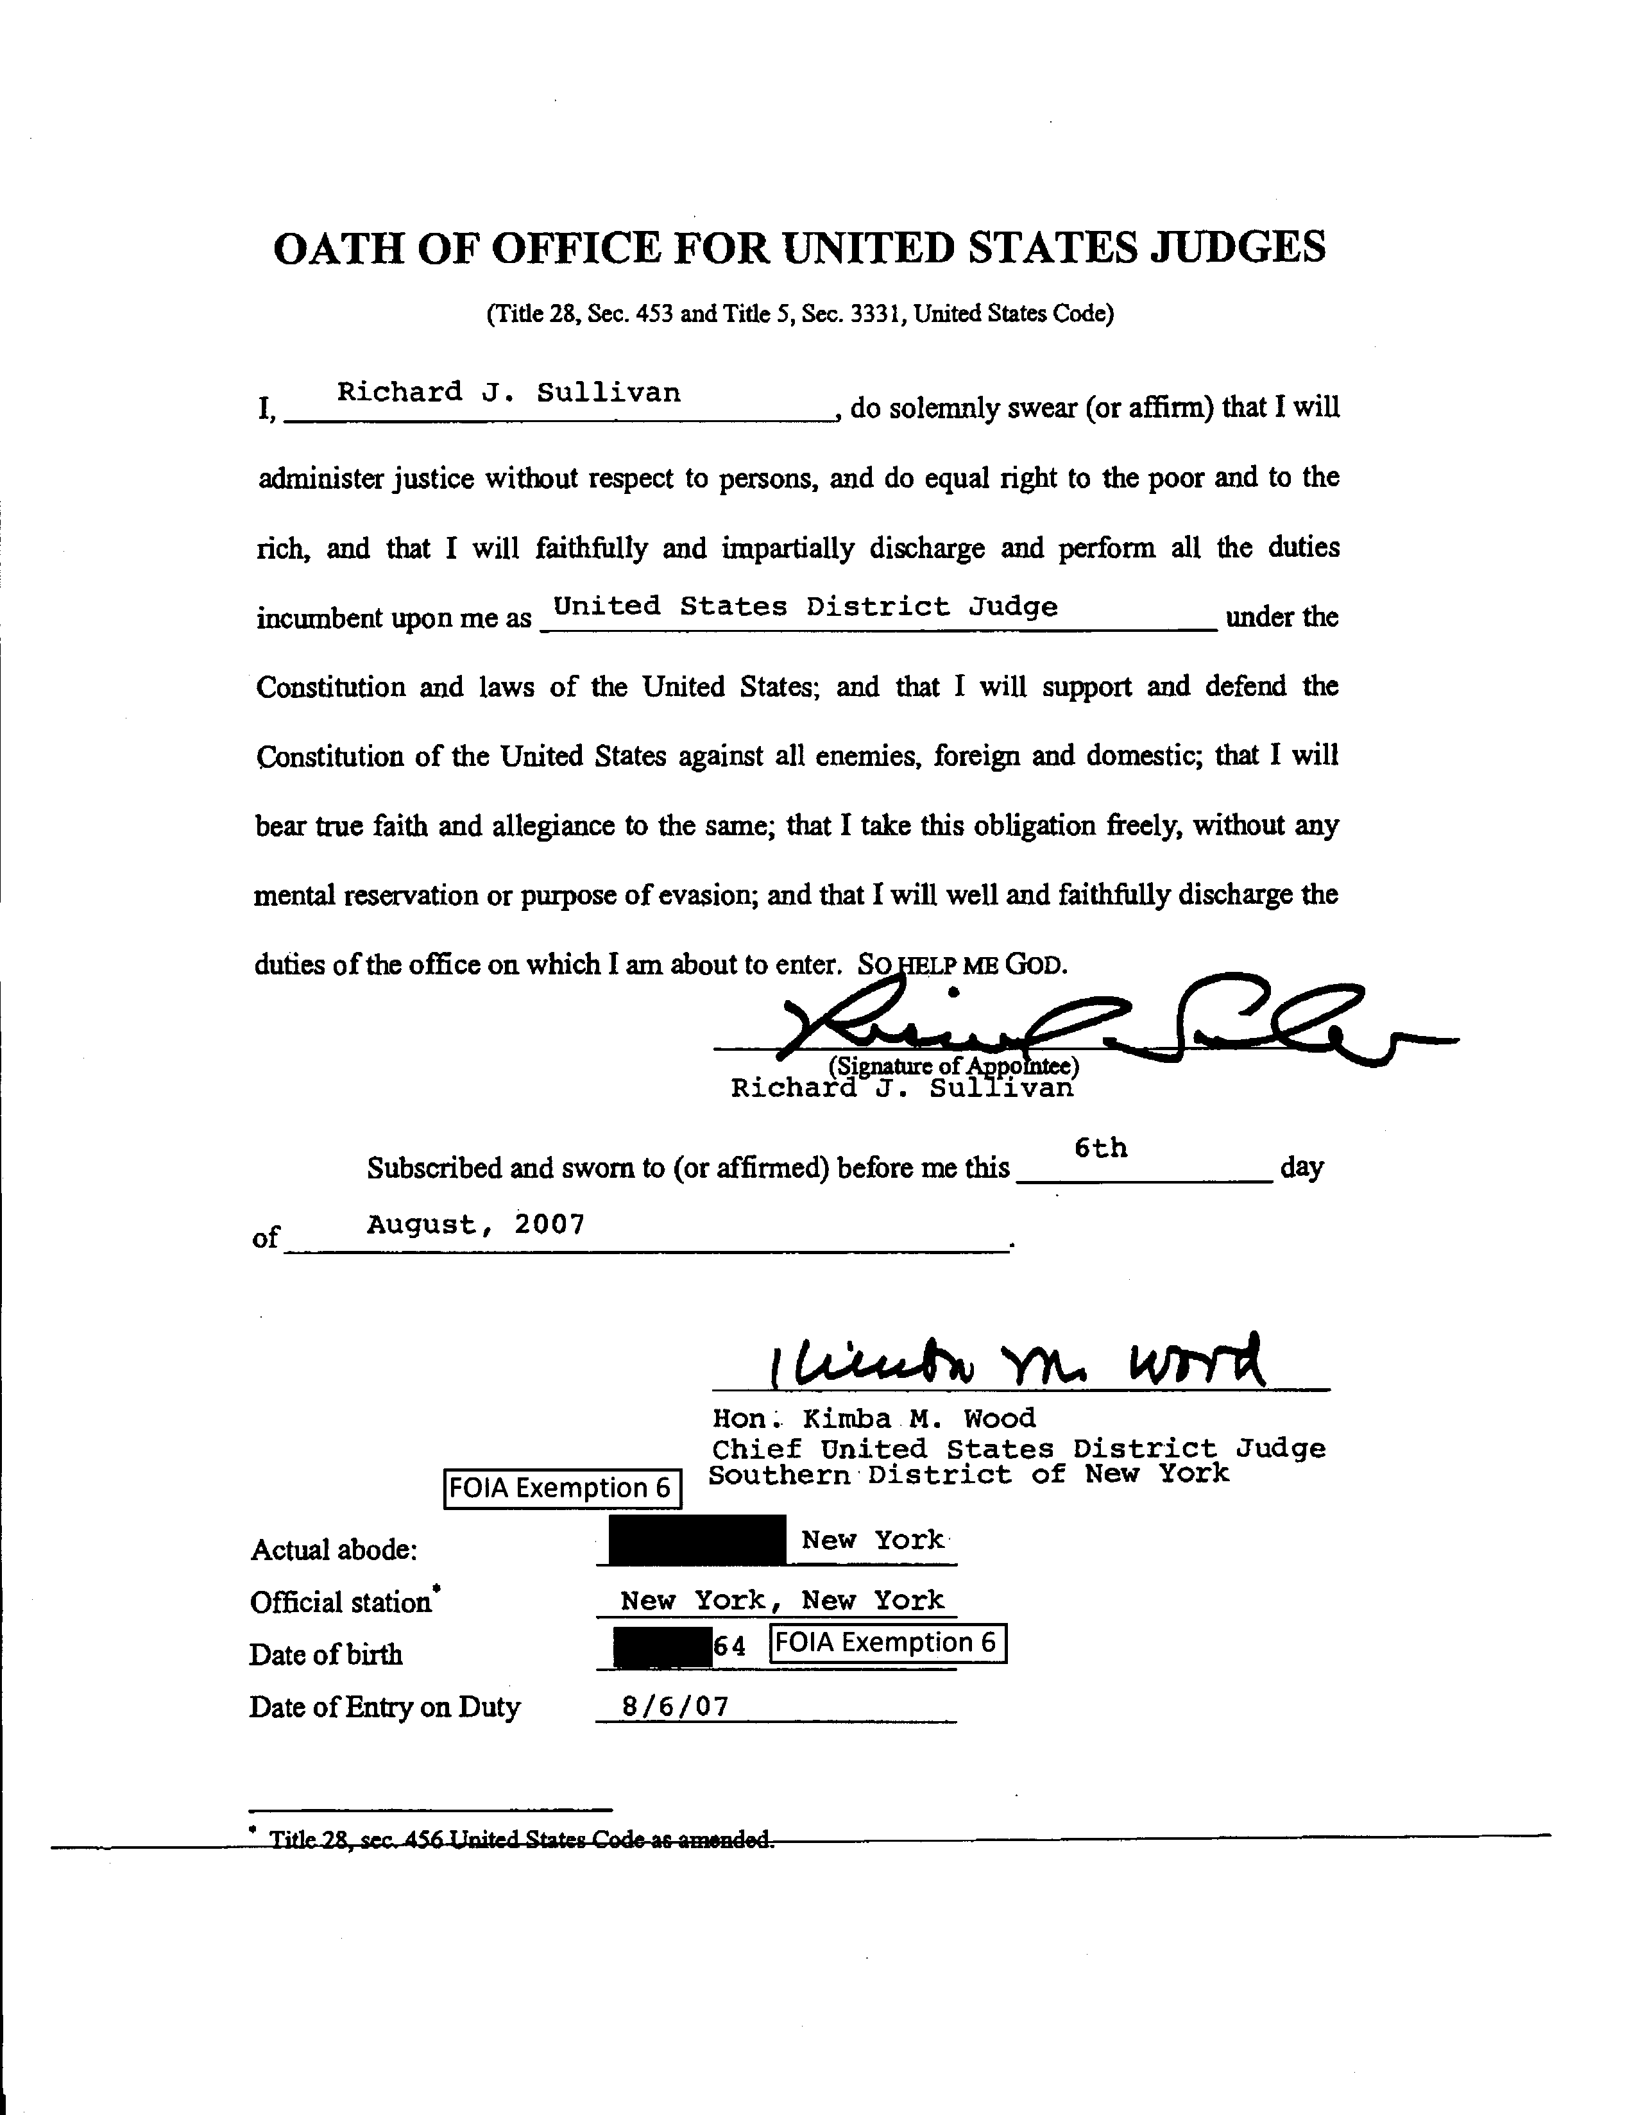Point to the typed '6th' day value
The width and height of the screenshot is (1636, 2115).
(1100, 1148)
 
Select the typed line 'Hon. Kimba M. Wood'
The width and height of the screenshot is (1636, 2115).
(874, 1419)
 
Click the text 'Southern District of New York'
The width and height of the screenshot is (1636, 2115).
(969, 1474)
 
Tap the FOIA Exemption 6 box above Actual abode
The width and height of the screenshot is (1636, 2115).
(562, 1488)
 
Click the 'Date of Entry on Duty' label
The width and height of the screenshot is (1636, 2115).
(384, 1706)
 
